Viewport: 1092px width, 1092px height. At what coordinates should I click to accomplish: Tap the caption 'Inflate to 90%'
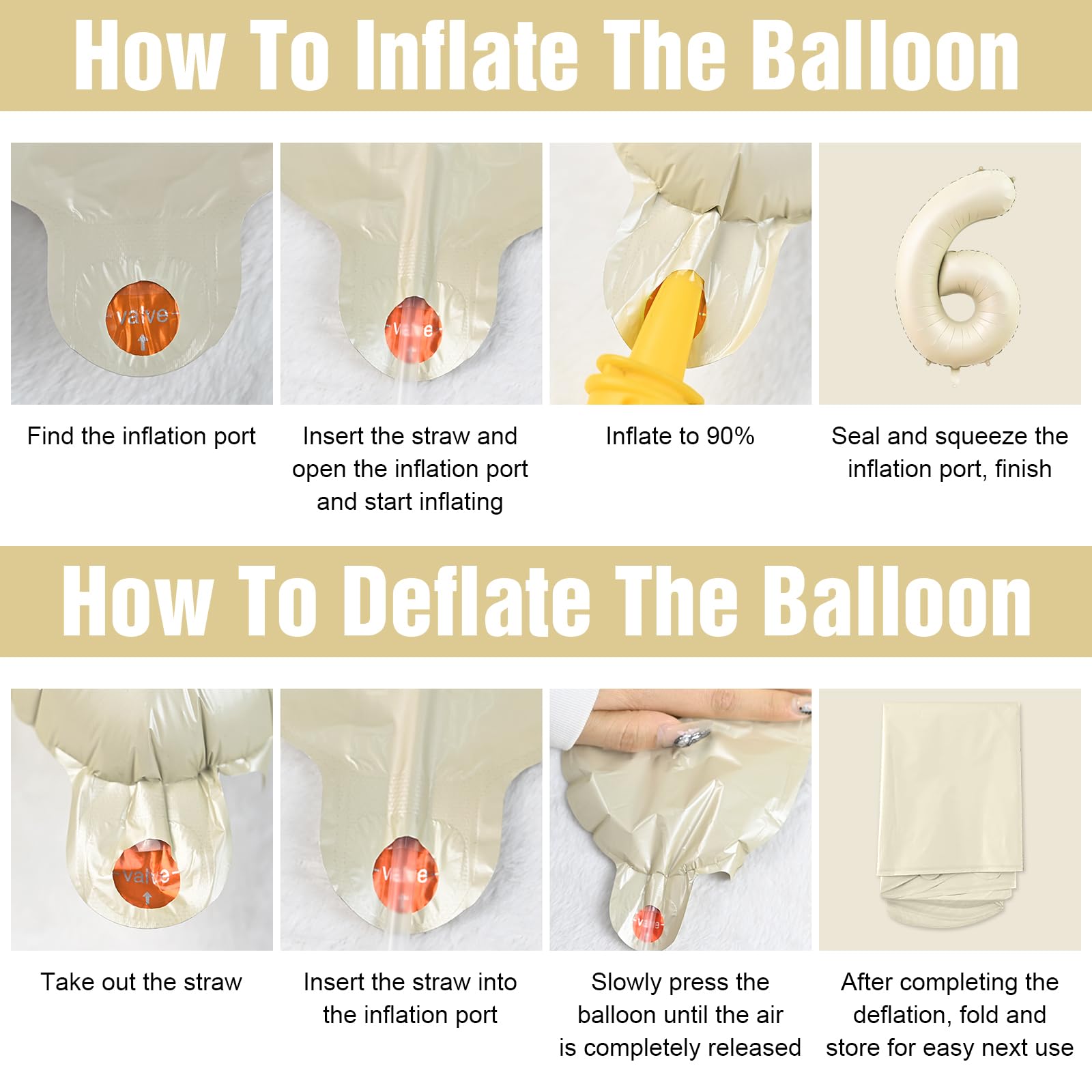click(680, 436)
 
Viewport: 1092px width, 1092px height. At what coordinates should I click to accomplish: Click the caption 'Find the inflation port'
click(141, 436)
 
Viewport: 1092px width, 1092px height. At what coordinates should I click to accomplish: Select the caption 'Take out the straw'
click(141, 982)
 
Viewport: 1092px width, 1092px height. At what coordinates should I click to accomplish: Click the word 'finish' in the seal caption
click(1023, 469)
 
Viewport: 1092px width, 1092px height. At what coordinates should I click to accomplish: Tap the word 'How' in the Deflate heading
click(136, 601)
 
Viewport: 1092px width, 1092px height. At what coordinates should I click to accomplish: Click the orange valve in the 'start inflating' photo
click(412, 329)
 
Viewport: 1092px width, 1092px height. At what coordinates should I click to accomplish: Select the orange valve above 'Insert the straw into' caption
click(406, 874)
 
